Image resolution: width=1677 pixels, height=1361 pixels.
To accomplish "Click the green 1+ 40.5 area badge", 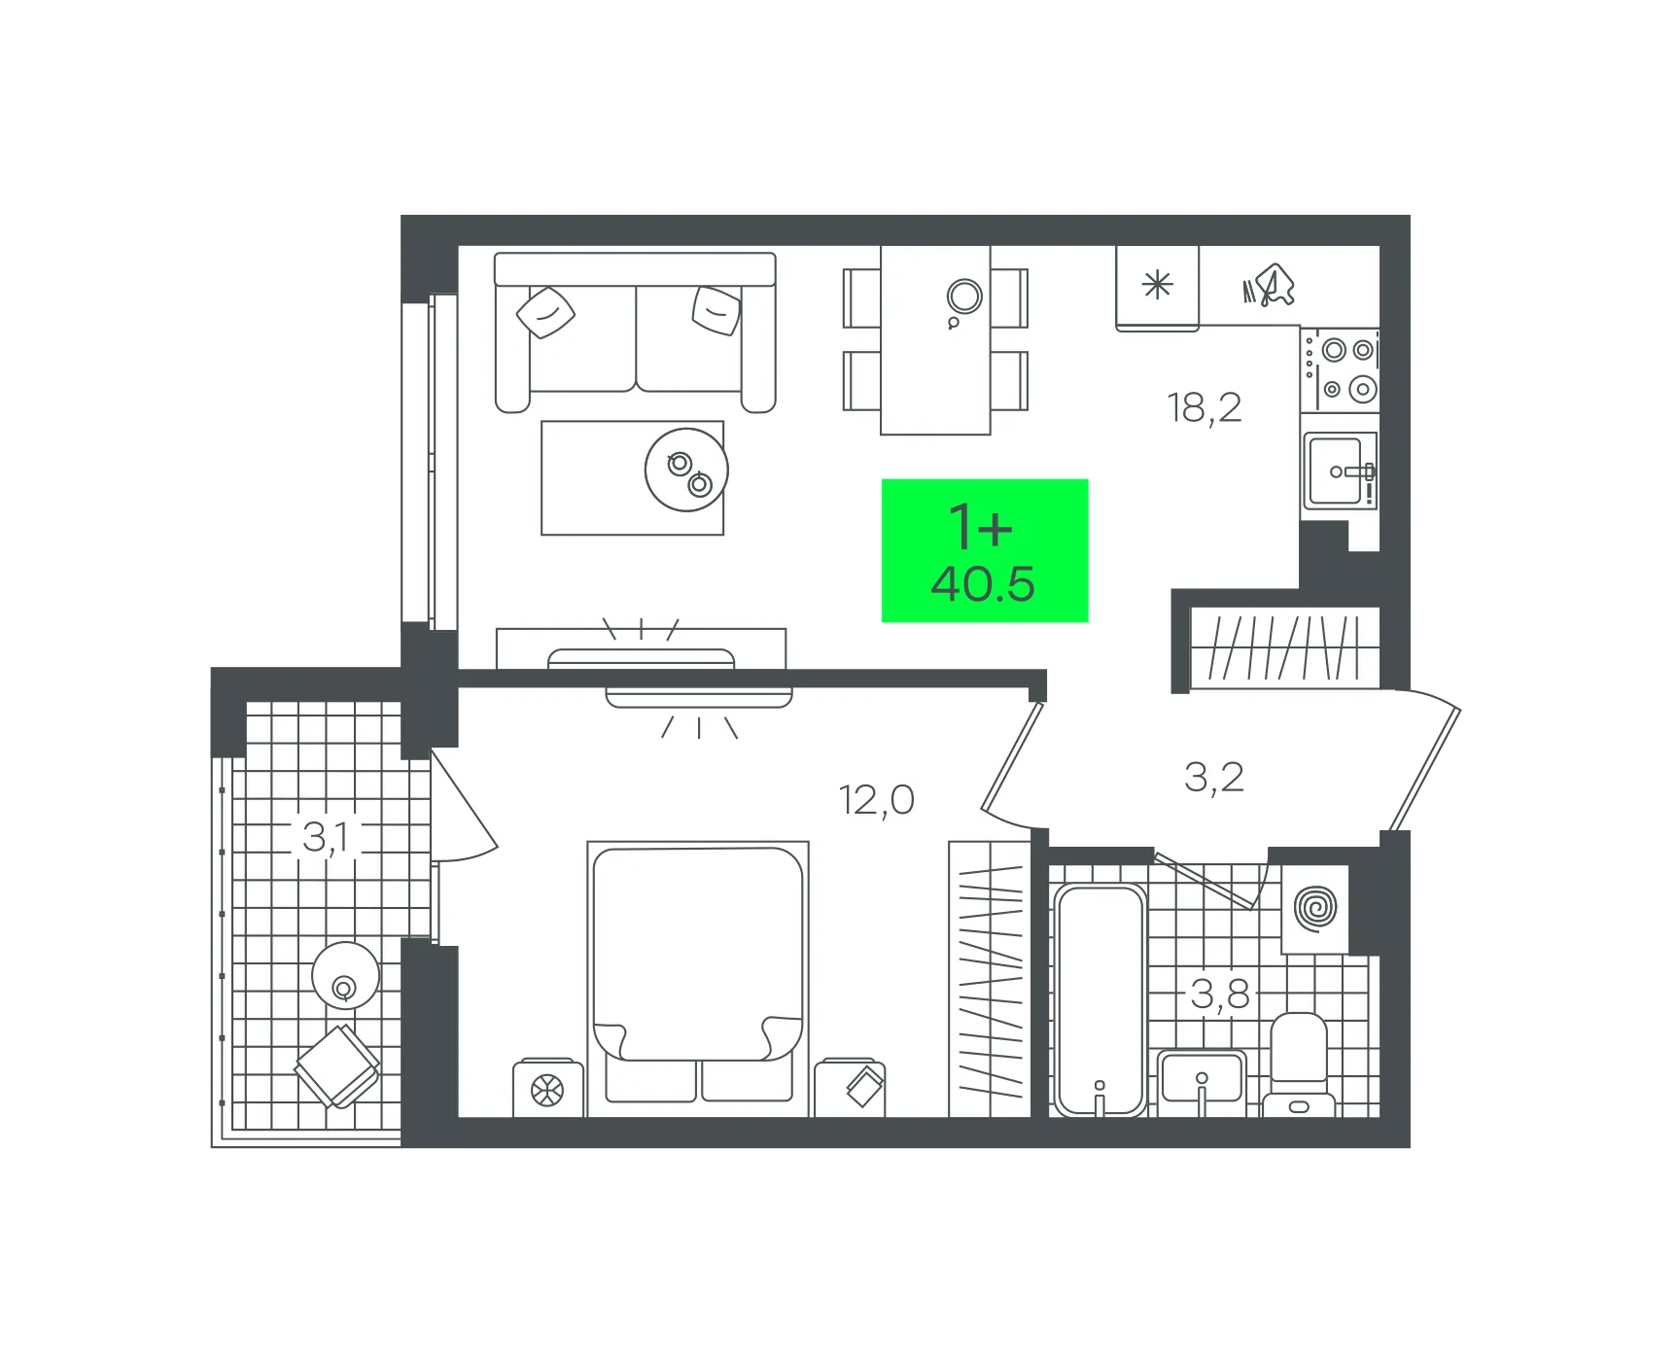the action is [984, 550].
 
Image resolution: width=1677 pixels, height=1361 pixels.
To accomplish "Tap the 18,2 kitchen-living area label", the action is [1204, 408].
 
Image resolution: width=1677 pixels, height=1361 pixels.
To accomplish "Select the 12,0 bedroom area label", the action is [876, 800].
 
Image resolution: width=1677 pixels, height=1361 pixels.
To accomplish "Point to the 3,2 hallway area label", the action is [1213, 778].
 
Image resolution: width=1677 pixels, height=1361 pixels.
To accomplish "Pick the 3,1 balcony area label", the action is [325, 837].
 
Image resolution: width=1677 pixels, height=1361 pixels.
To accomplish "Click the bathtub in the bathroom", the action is [1101, 999].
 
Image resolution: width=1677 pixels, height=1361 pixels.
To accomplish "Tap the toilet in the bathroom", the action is [1299, 1064].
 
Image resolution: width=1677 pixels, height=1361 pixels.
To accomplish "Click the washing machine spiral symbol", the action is [1315, 909].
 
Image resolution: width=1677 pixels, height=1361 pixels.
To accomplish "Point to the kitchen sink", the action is [1340, 471].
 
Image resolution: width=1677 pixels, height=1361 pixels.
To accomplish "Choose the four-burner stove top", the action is [1340, 369].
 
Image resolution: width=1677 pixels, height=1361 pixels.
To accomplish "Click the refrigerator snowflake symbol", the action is [1157, 285].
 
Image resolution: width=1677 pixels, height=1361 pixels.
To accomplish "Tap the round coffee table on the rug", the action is [686, 470].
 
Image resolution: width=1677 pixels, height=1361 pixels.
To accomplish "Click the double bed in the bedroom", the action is [698, 978].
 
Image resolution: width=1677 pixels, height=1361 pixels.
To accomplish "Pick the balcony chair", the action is [337, 1066].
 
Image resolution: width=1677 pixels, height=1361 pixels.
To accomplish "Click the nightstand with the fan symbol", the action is [548, 1088].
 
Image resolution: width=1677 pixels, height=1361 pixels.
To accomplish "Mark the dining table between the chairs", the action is [935, 339].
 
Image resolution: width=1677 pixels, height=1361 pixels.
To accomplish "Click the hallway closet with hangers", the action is [1284, 647].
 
